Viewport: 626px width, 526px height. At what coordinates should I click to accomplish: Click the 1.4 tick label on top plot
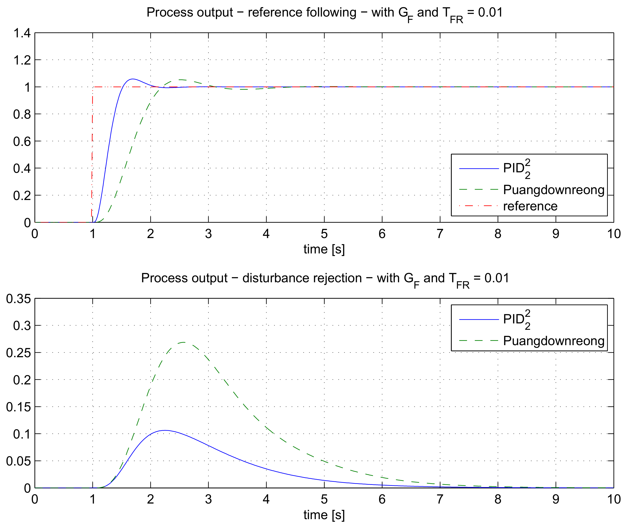(22, 33)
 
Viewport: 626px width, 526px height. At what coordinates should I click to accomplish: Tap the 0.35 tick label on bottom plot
(18, 299)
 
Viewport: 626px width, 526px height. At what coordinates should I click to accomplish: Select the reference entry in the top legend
(530, 206)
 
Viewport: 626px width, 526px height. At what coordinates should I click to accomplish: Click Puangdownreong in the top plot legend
(553, 190)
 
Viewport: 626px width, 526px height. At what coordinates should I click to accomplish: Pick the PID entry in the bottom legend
(516, 319)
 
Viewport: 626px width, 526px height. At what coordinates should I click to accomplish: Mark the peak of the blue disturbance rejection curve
(164, 430)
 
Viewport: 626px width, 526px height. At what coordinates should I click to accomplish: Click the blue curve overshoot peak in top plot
(132, 79)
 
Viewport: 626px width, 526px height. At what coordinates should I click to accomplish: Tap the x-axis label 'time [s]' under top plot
(324, 249)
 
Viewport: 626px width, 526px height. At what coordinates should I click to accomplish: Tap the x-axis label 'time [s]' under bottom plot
(324, 515)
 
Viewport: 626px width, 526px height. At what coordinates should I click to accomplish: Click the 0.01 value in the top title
(490, 13)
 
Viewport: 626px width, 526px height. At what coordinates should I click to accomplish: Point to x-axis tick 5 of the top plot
(324, 234)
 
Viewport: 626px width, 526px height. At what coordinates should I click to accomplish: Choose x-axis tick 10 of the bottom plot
(613, 499)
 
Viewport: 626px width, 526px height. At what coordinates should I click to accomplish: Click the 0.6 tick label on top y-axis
(22, 141)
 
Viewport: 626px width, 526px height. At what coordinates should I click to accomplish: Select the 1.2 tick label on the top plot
(22, 60)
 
